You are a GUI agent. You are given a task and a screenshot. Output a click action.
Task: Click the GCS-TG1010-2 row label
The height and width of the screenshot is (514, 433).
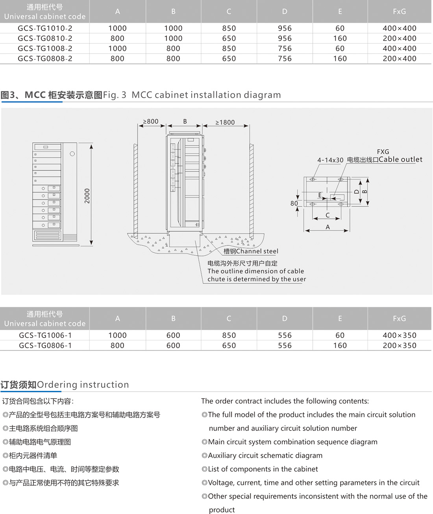pyautogui.click(x=45, y=28)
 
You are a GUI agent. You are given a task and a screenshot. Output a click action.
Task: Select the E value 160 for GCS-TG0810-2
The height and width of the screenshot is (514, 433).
pyautogui.click(x=340, y=39)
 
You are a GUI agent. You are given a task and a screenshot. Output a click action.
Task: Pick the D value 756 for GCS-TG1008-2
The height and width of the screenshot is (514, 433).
pyautogui.click(x=285, y=48)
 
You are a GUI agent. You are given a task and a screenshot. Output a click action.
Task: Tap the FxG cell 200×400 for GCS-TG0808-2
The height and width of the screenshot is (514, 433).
pyautogui.click(x=399, y=59)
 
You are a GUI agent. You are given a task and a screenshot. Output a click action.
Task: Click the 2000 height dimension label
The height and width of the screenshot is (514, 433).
pyautogui.click(x=87, y=196)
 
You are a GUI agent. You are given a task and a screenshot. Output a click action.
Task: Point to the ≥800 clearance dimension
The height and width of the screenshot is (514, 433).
pyautogui.click(x=150, y=122)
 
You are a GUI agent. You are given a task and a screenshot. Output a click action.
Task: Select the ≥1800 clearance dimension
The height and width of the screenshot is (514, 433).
pyautogui.click(x=225, y=122)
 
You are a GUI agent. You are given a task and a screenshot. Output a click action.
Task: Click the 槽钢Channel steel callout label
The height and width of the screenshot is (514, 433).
pyautogui.click(x=251, y=251)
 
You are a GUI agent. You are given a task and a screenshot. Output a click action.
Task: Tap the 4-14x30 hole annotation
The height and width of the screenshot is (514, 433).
pyautogui.click(x=330, y=160)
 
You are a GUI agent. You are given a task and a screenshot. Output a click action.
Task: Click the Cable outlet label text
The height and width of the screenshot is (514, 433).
pyautogui.click(x=400, y=159)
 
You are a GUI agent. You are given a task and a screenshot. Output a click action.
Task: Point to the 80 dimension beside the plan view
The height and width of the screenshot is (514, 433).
pyautogui.click(x=294, y=203)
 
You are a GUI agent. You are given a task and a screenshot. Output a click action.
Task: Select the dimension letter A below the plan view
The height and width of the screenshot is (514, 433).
pyautogui.click(x=328, y=227)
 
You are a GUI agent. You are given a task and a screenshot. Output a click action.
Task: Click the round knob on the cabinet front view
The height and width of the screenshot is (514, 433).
pyautogui.click(x=72, y=154)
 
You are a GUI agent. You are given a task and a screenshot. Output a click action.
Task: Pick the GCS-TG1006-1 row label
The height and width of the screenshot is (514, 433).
pyautogui.click(x=45, y=335)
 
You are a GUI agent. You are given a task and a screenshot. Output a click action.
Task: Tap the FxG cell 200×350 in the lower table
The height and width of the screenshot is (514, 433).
pyautogui.click(x=399, y=346)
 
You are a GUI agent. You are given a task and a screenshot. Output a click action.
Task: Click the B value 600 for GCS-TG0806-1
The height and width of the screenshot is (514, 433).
pyautogui.click(x=173, y=346)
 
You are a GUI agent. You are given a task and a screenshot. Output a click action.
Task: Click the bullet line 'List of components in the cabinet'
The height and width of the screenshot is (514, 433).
pyautogui.click(x=263, y=469)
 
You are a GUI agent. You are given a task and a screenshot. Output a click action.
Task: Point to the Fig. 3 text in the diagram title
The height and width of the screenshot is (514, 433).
pyautogui.click(x=115, y=95)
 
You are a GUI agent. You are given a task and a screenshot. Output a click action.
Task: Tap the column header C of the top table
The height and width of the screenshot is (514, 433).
pyautogui.click(x=229, y=11)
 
